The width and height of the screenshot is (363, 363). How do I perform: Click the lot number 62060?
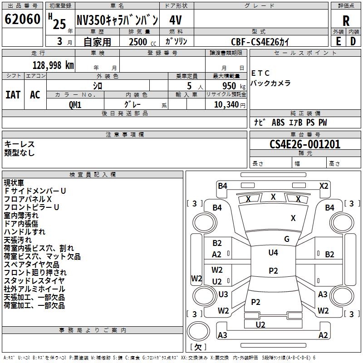click(22, 19)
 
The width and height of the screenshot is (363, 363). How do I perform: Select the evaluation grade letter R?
click(346, 21)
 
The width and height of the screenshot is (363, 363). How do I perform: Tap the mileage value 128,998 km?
click(53, 65)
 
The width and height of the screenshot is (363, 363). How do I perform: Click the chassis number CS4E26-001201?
click(305, 144)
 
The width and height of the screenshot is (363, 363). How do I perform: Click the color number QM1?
click(75, 105)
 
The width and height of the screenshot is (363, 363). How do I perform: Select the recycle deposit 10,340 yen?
click(230, 105)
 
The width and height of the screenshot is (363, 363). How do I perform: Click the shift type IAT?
click(13, 95)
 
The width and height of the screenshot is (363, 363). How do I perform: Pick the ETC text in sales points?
click(260, 73)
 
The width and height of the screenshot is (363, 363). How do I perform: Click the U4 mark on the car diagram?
click(273, 253)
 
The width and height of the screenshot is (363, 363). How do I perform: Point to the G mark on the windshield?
click(287, 239)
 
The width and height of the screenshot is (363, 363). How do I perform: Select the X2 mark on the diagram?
click(324, 186)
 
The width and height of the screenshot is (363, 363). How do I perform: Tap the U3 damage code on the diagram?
click(223, 294)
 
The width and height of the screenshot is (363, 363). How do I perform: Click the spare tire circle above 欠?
click(198, 331)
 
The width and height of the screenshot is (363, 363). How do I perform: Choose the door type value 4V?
click(176, 20)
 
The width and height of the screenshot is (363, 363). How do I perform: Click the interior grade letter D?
click(353, 41)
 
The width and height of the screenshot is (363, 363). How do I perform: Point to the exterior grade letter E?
click(338, 41)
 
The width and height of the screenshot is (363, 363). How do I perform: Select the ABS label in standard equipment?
click(278, 123)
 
